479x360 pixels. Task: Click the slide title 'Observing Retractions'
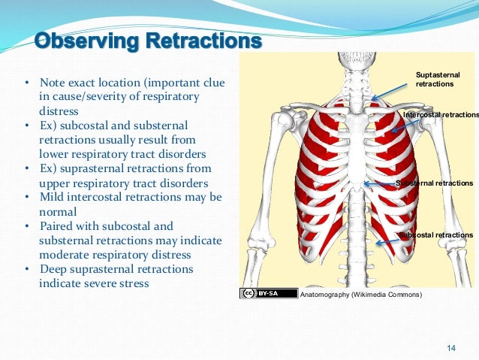149,39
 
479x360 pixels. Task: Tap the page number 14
451,347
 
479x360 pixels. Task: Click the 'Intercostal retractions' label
441,115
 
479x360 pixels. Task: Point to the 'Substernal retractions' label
435,183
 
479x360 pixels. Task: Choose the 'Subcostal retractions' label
437,235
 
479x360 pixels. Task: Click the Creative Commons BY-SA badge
259,293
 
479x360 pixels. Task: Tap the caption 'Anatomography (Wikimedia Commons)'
360,295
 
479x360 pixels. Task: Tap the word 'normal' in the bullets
56,211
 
